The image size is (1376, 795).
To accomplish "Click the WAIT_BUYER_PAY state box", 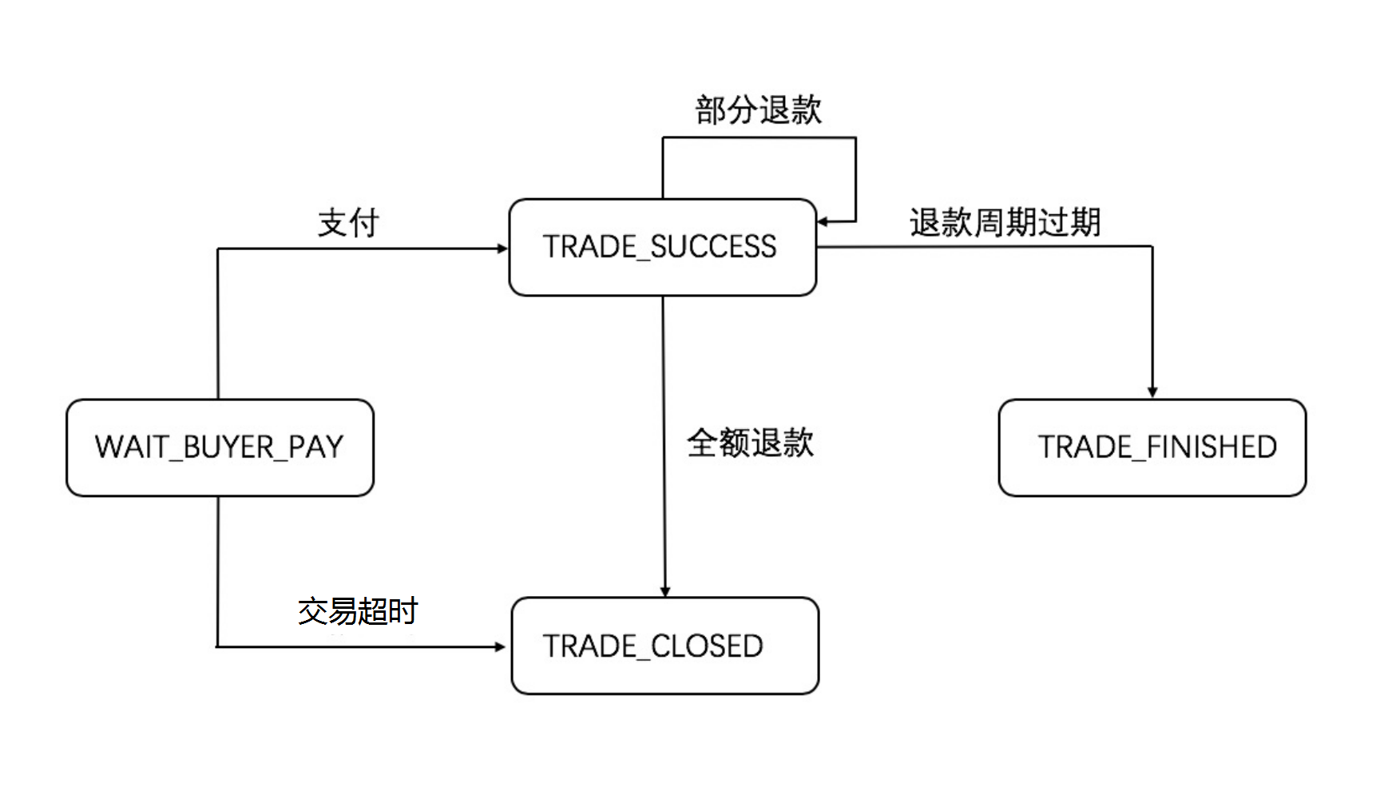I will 220,447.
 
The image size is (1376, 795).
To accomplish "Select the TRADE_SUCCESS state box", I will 662,248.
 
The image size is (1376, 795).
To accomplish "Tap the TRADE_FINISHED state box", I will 1152,447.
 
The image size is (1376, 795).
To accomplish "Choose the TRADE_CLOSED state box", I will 664,646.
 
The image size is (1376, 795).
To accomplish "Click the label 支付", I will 348,223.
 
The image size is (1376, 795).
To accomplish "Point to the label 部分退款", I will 758,110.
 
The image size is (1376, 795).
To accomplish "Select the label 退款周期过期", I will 1005,223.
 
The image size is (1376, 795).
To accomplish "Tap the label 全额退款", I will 750,443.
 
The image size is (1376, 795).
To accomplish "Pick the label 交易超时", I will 358,611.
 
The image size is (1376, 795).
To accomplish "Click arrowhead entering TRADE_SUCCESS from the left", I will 503,248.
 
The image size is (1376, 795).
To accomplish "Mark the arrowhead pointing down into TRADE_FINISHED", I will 1152,392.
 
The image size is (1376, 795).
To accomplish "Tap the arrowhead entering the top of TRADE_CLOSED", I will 665,591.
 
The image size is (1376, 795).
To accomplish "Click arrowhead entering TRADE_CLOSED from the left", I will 501,646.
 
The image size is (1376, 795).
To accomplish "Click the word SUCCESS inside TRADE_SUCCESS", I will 713,247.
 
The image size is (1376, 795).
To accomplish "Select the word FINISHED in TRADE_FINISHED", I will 1211,447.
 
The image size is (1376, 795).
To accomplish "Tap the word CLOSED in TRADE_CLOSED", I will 707,646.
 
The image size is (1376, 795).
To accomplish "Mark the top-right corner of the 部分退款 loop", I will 855,138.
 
